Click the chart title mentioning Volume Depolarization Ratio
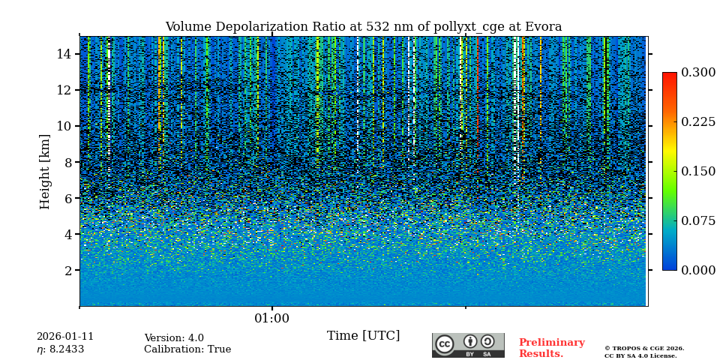[x=363, y=27]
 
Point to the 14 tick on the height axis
[x=63, y=54]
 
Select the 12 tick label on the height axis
[x=63, y=90]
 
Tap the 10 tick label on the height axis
[x=63, y=126]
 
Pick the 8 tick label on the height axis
[x=67, y=162]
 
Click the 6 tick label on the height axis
[x=67, y=198]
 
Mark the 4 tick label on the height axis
[x=67, y=234]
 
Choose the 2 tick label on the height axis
[x=67, y=270]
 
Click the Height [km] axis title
[x=45, y=171]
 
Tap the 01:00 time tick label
[x=271, y=319]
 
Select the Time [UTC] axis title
[x=363, y=336]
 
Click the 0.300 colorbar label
[x=697, y=73]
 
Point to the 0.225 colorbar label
[x=697, y=122]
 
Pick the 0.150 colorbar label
[x=697, y=172]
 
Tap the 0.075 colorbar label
[x=697, y=221]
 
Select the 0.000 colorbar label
[x=697, y=271]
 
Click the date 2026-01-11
[x=65, y=337]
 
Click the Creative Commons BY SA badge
[x=468, y=345]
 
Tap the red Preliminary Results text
[x=551, y=348]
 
